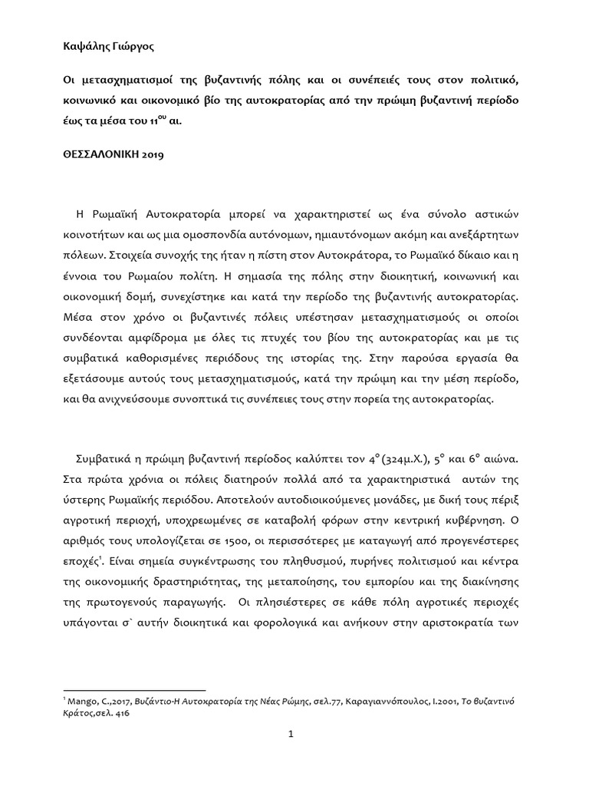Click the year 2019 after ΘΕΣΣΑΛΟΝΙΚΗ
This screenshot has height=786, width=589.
(x=163, y=154)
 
